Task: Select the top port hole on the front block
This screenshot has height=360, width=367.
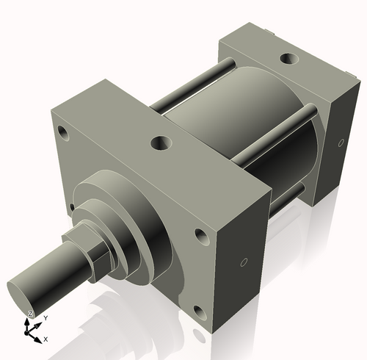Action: click(159, 143)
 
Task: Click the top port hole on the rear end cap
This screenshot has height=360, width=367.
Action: click(286, 57)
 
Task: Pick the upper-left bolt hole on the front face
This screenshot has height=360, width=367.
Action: click(62, 134)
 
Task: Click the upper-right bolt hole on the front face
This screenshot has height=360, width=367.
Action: click(200, 237)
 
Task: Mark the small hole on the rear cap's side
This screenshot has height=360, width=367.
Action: click(341, 142)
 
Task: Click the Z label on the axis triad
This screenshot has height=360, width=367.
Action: click(29, 314)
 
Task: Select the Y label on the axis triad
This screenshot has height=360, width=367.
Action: click(46, 317)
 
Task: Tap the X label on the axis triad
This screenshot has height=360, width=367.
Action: click(46, 339)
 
